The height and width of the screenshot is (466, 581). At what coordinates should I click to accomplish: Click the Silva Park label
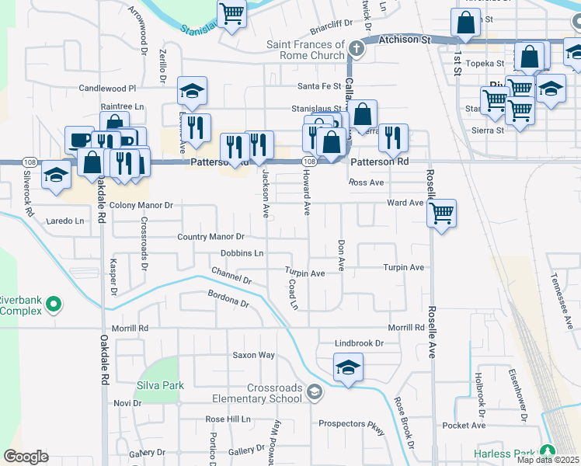click(159, 385)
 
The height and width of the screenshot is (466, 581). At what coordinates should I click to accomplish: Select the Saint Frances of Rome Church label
click(305, 50)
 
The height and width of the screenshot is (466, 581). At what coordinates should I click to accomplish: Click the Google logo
click(26, 457)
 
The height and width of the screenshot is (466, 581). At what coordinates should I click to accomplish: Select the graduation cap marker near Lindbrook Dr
click(348, 367)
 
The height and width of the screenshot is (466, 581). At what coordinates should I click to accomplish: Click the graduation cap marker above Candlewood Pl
click(192, 91)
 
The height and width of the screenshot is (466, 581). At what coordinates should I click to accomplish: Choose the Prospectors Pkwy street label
click(352, 424)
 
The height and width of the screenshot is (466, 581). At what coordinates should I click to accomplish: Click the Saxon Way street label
click(254, 355)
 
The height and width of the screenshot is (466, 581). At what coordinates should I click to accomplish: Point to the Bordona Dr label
click(228, 298)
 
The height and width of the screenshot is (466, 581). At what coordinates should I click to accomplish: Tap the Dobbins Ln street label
click(242, 253)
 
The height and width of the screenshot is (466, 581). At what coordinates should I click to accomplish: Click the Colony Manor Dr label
click(141, 205)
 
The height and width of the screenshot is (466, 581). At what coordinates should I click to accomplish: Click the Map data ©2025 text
click(547, 460)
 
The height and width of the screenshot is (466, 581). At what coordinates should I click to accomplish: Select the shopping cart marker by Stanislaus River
click(231, 13)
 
